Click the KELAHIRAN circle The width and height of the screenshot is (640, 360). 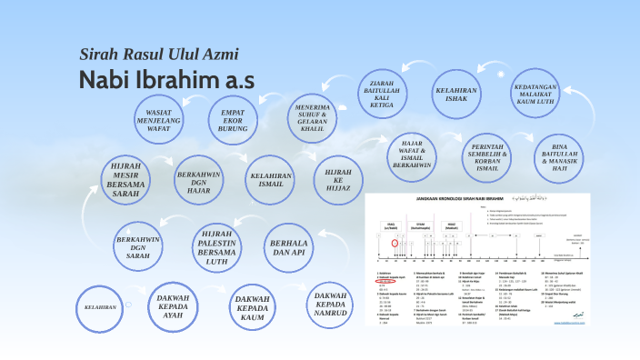(x=102, y=308)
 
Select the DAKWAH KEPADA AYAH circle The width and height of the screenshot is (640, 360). (x=178, y=310)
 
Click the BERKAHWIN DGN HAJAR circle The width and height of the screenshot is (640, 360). (x=199, y=178)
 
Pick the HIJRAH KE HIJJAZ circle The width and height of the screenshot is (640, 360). (x=336, y=178)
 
